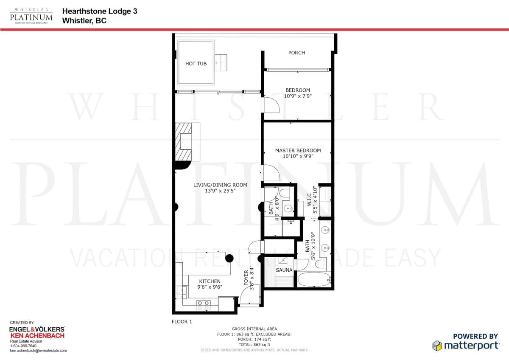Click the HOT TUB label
coord(196,64)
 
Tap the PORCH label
coord(296,53)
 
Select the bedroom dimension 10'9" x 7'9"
coord(298,96)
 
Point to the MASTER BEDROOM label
coord(298,150)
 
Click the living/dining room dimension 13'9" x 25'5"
coord(220,191)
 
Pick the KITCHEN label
coord(210,281)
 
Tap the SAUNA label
coord(284,270)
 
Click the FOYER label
coord(246,278)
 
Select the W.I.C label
coord(309,200)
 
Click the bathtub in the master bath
coord(314,279)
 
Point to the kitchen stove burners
coord(203,305)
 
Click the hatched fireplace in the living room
coord(184,142)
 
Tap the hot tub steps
coord(221,62)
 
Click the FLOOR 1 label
coord(182,321)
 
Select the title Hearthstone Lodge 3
coord(100,11)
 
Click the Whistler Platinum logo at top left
coord(31,16)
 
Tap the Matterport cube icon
coord(437,346)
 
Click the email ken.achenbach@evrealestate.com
coord(39,351)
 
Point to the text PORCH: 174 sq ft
coord(254,339)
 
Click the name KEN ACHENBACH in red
coord(37,336)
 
